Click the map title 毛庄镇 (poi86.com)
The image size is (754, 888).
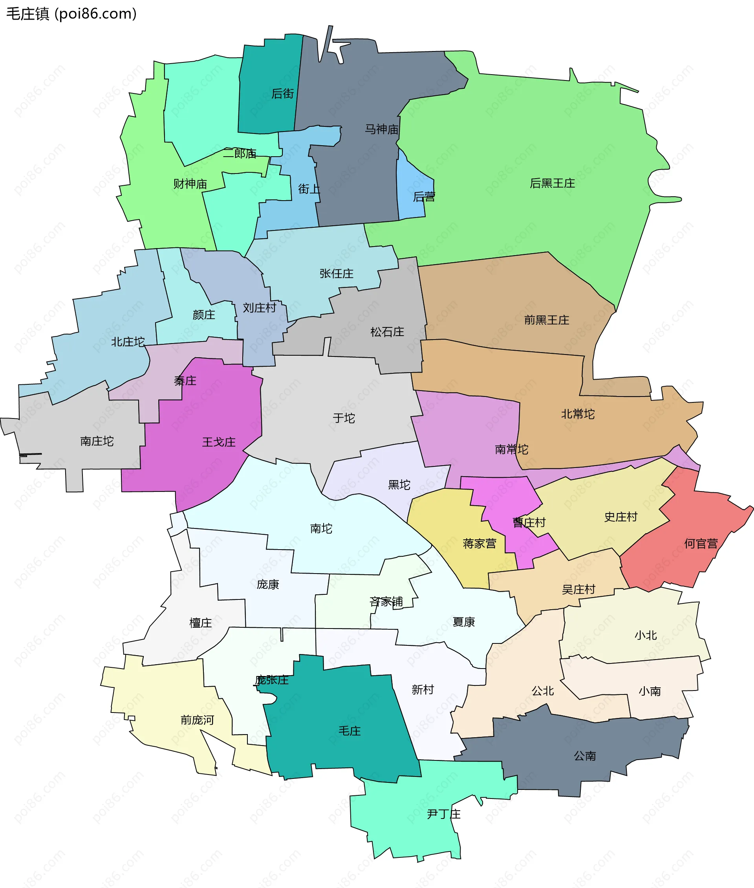71,14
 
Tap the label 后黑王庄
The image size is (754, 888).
552,183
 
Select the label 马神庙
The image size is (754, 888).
381,129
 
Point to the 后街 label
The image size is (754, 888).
282,93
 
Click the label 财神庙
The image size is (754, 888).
190,184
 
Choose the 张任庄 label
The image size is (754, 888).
337,274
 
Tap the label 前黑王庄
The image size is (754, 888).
547,320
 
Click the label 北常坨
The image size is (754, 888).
577,414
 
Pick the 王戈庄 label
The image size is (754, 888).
219,442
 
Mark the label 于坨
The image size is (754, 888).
344,418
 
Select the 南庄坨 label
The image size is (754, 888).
97,441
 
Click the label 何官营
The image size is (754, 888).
701,544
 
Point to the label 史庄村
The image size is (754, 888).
620,517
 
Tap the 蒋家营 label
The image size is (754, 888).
479,544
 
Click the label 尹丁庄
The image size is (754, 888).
444,815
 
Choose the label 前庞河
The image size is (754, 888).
197,720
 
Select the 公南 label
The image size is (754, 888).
585,756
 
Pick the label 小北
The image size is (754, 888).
646,636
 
